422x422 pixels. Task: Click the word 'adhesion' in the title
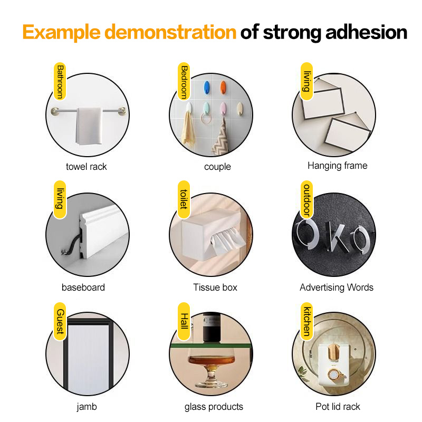tap(366, 32)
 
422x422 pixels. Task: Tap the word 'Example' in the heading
tap(62, 33)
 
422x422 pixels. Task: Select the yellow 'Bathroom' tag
tap(60, 81)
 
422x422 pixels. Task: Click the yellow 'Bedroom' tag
tap(184, 81)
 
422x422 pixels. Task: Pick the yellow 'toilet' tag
tap(184, 199)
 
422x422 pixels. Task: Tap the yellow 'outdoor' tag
tap(306, 199)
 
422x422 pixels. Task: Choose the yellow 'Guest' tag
tap(60, 321)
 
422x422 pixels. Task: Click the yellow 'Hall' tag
tap(184, 321)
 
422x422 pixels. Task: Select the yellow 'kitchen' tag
tap(306, 321)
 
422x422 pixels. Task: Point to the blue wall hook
tap(206, 88)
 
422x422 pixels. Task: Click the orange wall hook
tap(223, 88)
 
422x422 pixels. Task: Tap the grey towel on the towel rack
tap(89, 126)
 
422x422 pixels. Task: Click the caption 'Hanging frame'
tap(338, 166)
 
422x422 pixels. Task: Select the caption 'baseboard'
tap(83, 287)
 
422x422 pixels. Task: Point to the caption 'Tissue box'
tap(215, 287)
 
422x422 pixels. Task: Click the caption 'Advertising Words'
tap(337, 287)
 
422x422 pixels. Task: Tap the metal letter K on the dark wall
tap(336, 237)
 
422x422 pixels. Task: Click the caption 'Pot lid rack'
tap(338, 407)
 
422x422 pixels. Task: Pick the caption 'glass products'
tap(214, 407)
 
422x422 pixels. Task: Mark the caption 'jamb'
tap(87, 407)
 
